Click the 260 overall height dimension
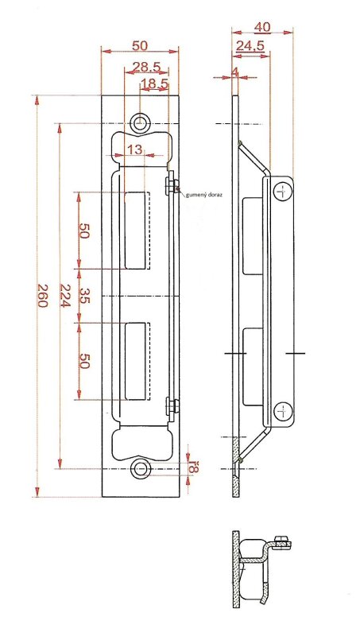(x=43, y=295)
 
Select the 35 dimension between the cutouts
(x=83, y=295)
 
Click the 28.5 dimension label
(x=146, y=67)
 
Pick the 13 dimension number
(x=135, y=149)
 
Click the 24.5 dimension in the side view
(x=250, y=46)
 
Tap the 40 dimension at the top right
(x=263, y=27)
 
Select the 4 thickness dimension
(x=235, y=72)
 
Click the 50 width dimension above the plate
(x=140, y=45)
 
